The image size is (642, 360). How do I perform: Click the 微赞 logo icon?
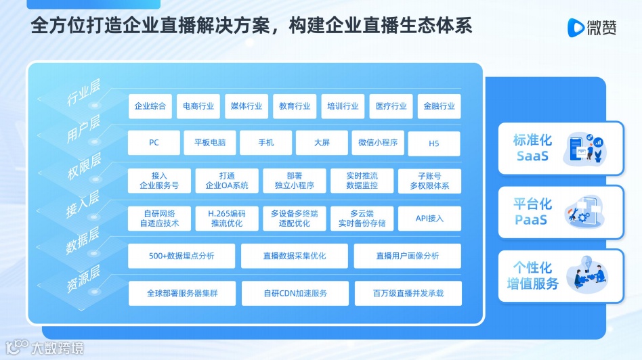pyautogui.click(x=576, y=28)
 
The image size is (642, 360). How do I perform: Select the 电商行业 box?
pyautogui.click(x=198, y=106)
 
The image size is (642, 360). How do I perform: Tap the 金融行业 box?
pyautogui.click(x=439, y=106)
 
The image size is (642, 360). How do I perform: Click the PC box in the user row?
pyautogui.click(x=154, y=143)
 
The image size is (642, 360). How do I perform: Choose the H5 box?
pyautogui.click(x=434, y=143)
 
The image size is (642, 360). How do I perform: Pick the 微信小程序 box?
pyautogui.click(x=378, y=143)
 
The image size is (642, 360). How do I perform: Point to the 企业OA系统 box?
pyautogui.click(x=227, y=181)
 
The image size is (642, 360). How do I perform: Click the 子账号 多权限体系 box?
pyautogui.click(x=429, y=181)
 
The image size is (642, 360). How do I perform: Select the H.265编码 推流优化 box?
pyautogui.click(x=227, y=219)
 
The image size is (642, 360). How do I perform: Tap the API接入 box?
pyautogui.click(x=429, y=219)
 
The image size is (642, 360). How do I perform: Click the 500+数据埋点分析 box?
pyautogui.click(x=181, y=256)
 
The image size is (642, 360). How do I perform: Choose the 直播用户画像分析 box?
pyautogui.click(x=407, y=256)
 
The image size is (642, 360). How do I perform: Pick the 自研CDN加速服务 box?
pyautogui.click(x=295, y=294)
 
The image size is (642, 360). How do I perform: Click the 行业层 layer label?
pyautogui.click(x=83, y=93)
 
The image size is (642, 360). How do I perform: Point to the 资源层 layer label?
pyautogui.click(x=83, y=278)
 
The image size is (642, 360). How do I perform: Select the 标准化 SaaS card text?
pyautogui.click(x=533, y=148)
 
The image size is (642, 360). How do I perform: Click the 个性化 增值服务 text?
pyautogui.click(x=533, y=275)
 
